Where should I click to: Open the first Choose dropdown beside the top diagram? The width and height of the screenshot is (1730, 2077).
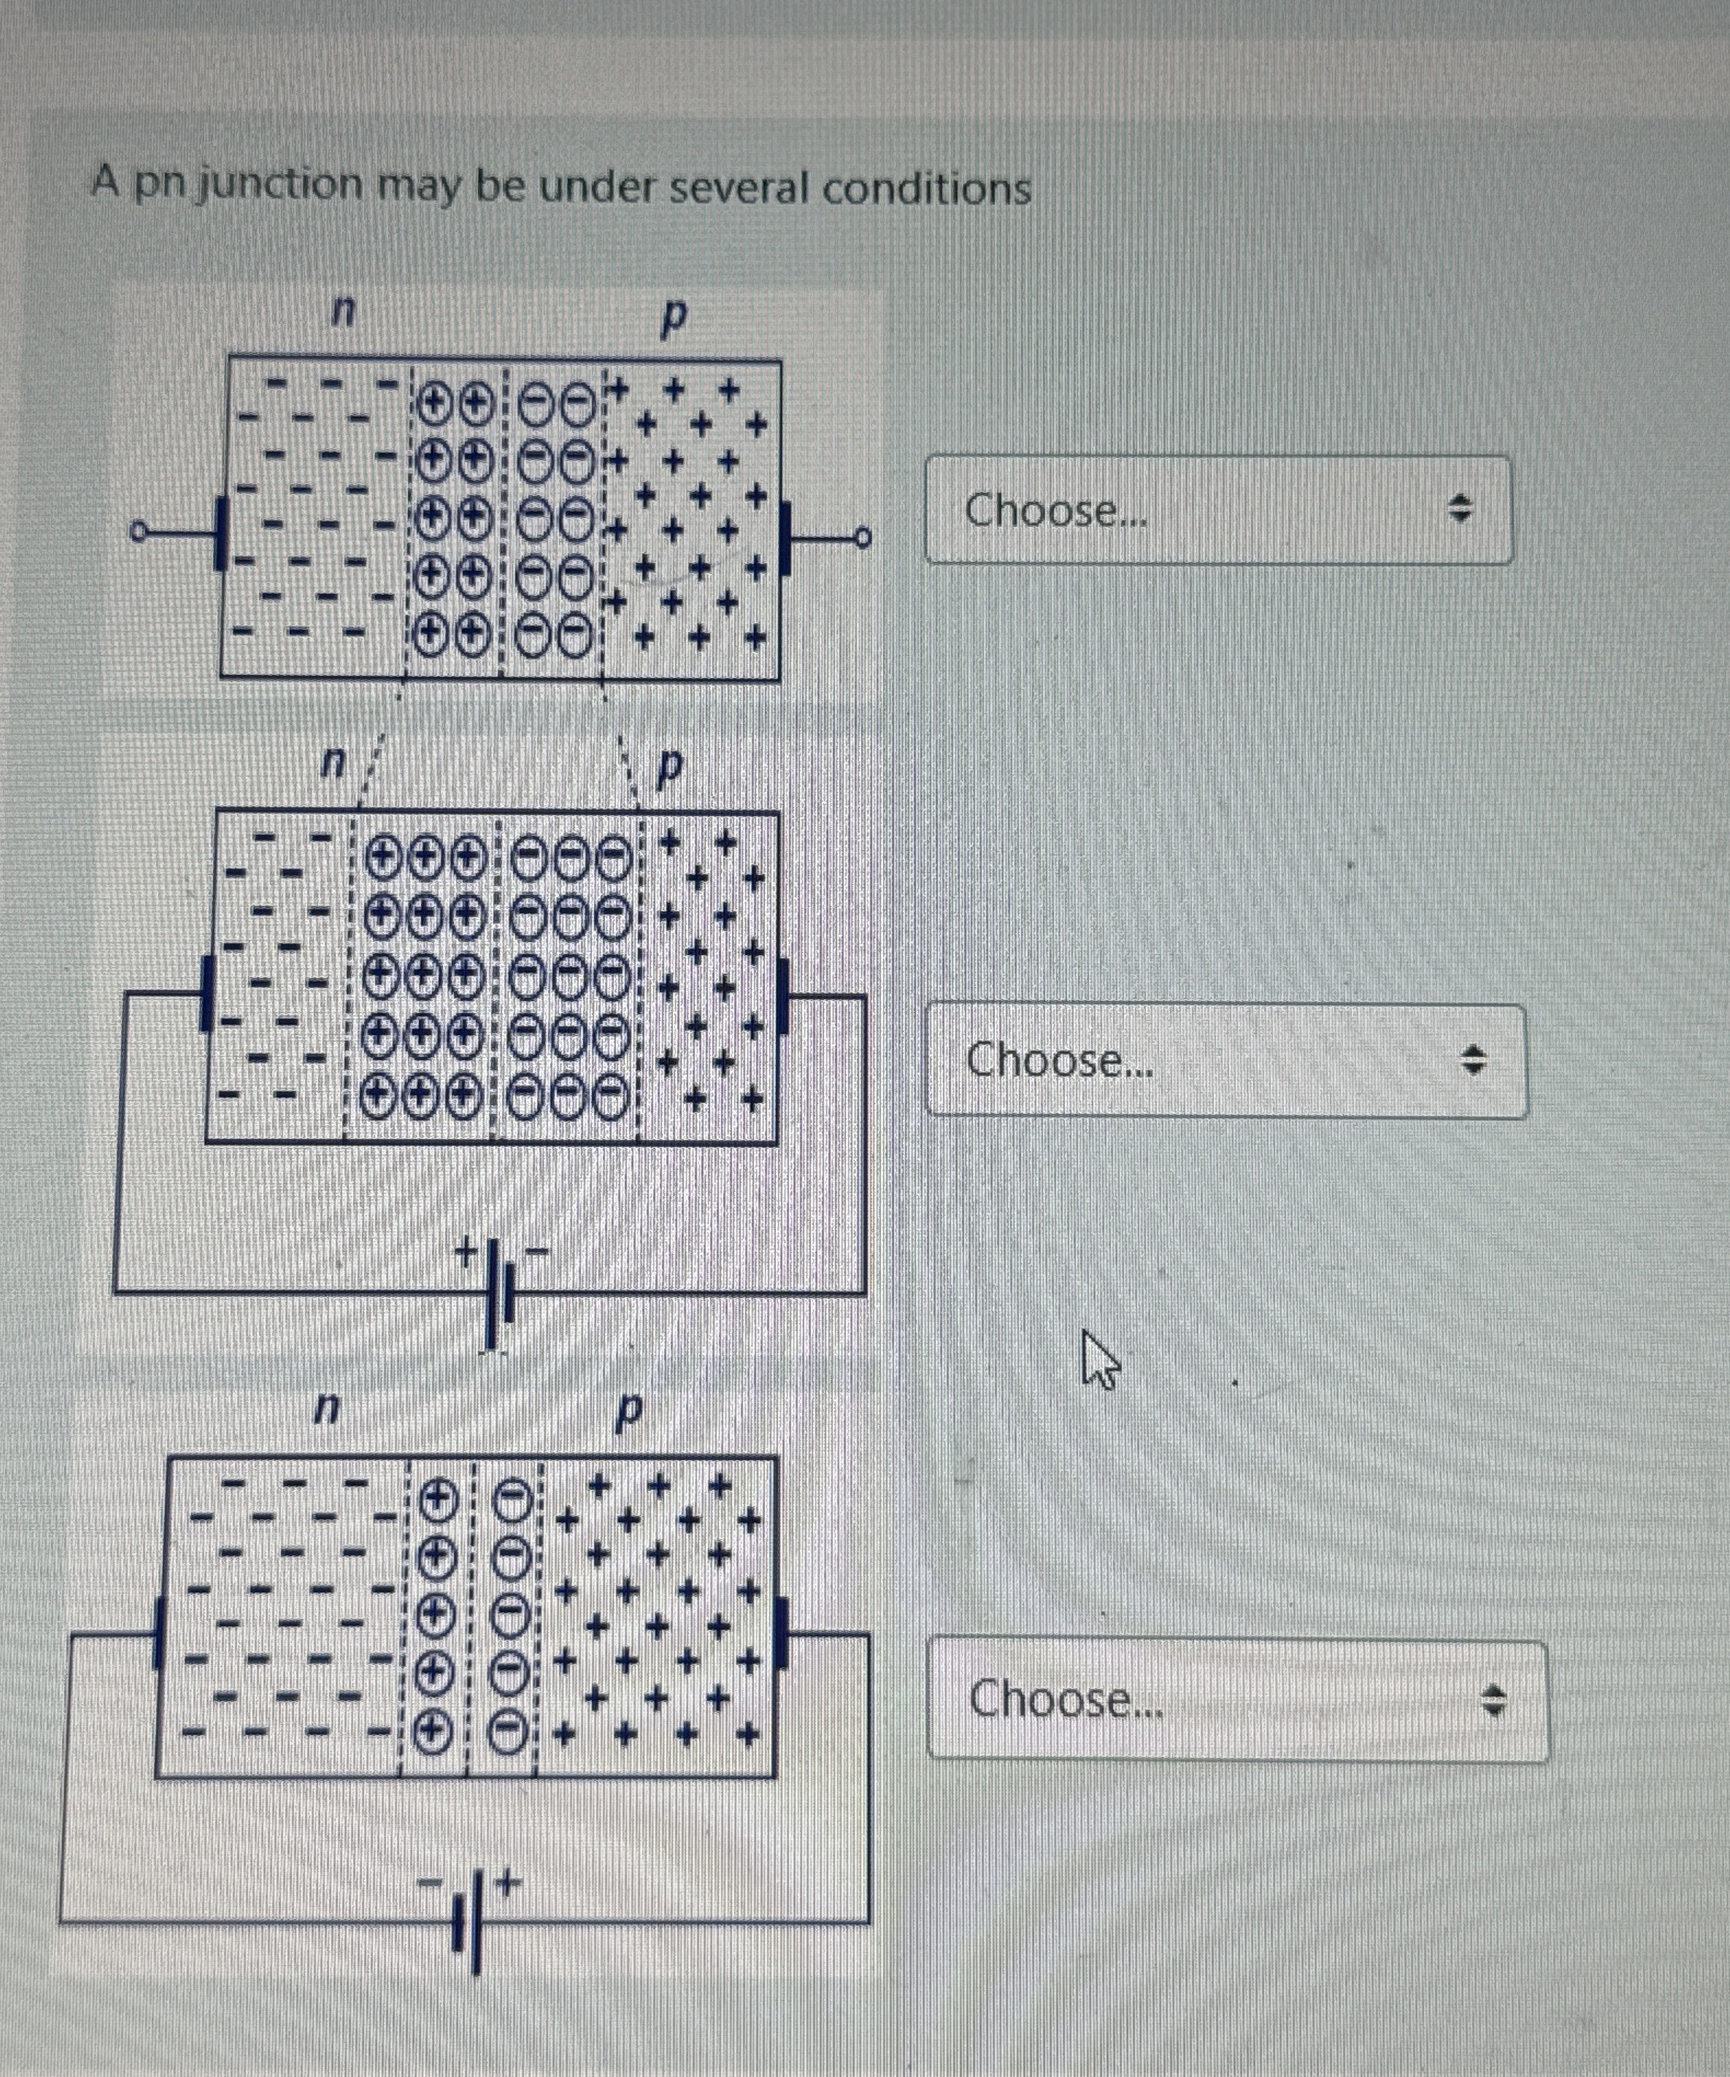coord(1217,510)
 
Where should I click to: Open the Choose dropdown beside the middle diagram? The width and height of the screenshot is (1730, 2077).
coord(1224,1060)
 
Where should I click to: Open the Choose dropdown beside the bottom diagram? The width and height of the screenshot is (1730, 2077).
coord(1236,1699)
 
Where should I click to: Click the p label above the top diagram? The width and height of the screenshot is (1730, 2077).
coord(672,316)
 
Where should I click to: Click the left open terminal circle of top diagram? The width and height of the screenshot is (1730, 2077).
coord(139,534)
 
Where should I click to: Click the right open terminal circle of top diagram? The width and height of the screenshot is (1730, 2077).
coord(863,538)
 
